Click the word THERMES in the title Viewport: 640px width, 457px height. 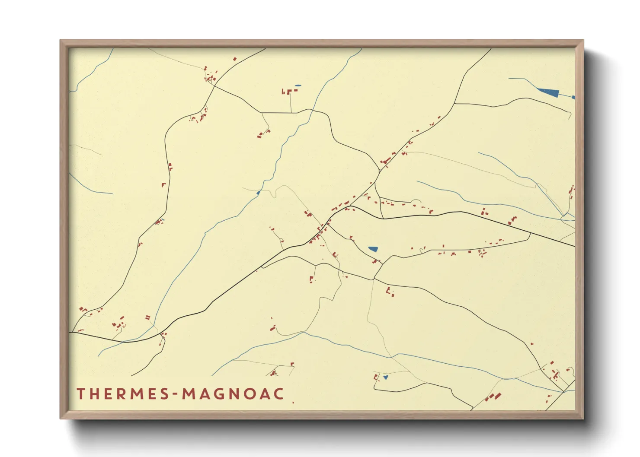pos(122,394)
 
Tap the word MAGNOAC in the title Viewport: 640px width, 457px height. pos(233,394)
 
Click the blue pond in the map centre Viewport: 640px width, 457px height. pos(373,249)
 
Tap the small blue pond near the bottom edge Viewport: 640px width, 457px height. pos(386,377)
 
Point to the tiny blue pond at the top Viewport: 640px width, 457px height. pos(297,86)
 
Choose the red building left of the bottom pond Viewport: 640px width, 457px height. pos(376,377)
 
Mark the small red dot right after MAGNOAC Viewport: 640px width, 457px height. pos(293,403)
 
